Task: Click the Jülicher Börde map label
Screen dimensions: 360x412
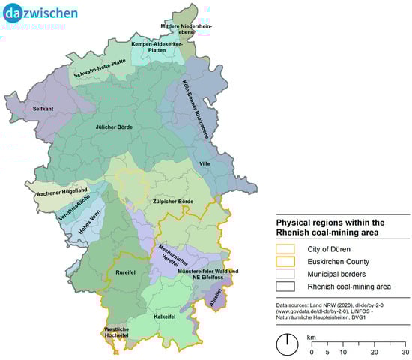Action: [x=114, y=127]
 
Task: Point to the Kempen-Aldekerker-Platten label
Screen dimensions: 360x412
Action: [x=157, y=46]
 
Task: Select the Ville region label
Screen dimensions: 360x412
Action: [x=205, y=163]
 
